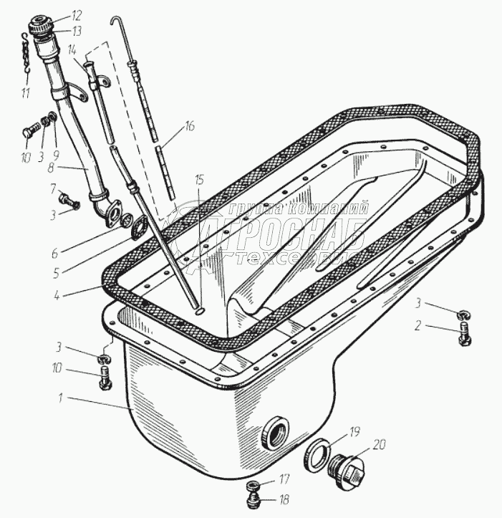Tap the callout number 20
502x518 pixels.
379,443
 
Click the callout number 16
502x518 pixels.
189,127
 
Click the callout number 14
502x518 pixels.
72,50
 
